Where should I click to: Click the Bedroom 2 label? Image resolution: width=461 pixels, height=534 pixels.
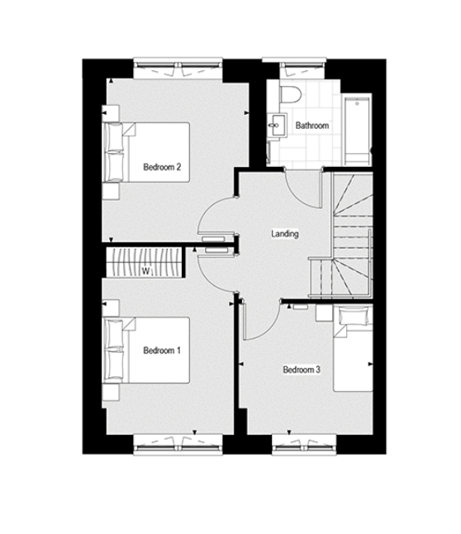pyautogui.click(x=162, y=167)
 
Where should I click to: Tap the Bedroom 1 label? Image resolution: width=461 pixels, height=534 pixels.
pyautogui.click(x=162, y=350)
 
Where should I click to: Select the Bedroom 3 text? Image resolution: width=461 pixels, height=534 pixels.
pyautogui.click(x=302, y=370)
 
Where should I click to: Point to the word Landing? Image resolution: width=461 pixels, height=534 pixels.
pyautogui.click(x=285, y=234)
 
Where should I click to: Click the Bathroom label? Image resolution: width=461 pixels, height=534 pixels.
pyautogui.click(x=312, y=126)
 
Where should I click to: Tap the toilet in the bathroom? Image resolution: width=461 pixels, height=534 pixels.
pyautogui.click(x=290, y=93)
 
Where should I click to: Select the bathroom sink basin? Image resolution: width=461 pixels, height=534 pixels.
pyautogui.click(x=278, y=125)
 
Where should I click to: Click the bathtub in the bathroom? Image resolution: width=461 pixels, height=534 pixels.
pyautogui.click(x=357, y=131)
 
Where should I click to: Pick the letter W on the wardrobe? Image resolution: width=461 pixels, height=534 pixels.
pyautogui.click(x=145, y=271)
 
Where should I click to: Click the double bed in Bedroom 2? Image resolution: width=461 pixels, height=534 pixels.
pyautogui.click(x=147, y=153)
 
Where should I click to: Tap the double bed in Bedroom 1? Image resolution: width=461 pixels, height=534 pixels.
pyautogui.click(x=147, y=350)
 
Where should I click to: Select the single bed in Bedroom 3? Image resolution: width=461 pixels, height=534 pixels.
pyautogui.click(x=353, y=349)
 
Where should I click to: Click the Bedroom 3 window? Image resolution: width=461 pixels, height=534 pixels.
pyautogui.click(x=304, y=445)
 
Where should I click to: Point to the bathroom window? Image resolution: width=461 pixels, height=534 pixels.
pyautogui.click(x=294, y=68)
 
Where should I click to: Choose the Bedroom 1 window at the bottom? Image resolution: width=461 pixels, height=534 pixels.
pyautogui.click(x=178, y=445)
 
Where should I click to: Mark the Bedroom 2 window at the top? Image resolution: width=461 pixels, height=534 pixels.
pyautogui.click(x=178, y=68)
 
